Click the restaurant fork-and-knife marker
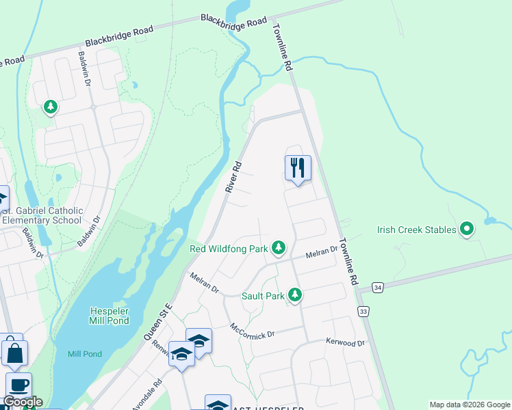[298, 167]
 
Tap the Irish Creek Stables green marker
[468, 229]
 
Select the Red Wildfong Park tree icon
[279, 247]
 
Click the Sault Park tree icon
[295, 295]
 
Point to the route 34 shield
[377, 288]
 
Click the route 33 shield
[363, 312]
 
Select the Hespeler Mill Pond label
[115, 316]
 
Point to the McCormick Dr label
[252, 331]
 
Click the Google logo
[23, 402]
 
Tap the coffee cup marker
[18, 385]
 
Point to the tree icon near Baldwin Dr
[50, 107]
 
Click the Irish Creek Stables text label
[416, 230]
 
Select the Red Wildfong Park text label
[228, 249]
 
